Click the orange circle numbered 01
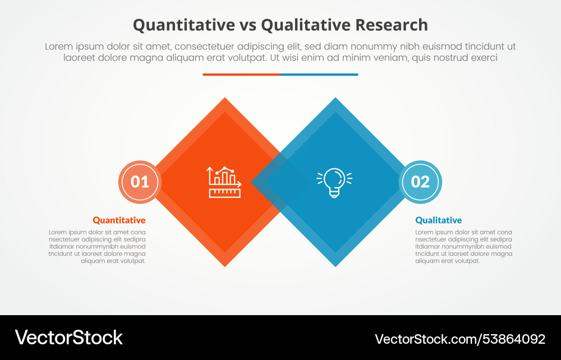[x=140, y=182]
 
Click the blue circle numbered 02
[x=420, y=182]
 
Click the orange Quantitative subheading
[x=119, y=220]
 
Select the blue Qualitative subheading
[x=439, y=220]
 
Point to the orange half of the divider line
[x=241, y=74]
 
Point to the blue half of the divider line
[x=319, y=74]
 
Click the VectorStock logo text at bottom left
[x=68, y=337]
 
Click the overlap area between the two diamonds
[x=280, y=182]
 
